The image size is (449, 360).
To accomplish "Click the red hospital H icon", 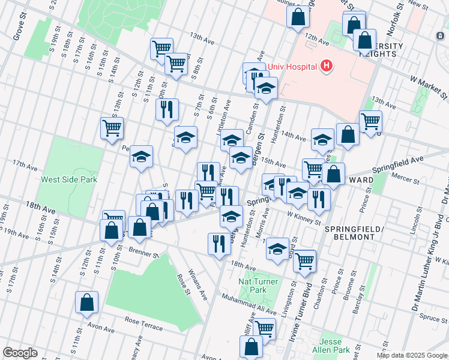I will pyautogui.click(x=326, y=66).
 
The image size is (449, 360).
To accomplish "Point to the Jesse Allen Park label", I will pyautogui.click(x=335, y=346).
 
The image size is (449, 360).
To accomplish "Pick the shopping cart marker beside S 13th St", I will pyautogui.click(x=112, y=128).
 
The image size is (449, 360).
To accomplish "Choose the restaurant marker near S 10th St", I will pyautogui.click(x=166, y=109).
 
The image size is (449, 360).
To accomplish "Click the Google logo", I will pyautogui.click(x=20, y=352).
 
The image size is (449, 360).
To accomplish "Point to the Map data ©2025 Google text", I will pyautogui.click(x=411, y=355).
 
